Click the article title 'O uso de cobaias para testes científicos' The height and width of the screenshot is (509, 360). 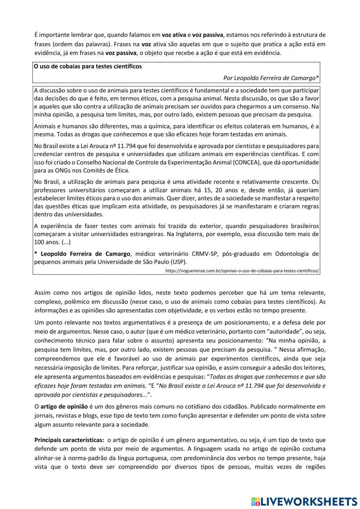click(88, 67)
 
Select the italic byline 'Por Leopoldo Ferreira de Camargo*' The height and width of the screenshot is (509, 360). click(271, 78)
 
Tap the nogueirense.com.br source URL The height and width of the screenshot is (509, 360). click(242, 270)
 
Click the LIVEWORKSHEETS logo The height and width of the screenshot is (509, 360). click(304, 501)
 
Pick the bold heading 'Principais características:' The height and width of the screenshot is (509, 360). click(69, 440)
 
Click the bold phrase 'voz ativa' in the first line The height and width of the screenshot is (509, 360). click(174, 35)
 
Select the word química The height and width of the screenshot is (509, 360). click(165, 126)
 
